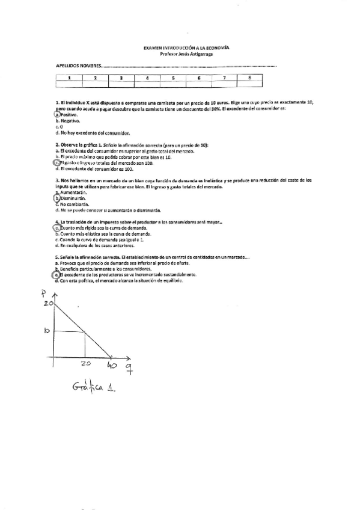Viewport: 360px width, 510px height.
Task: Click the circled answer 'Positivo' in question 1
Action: pos(63,115)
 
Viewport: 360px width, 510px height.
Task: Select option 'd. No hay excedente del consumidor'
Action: pos(93,133)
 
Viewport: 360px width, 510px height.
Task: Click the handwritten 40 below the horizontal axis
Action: pos(112,365)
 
